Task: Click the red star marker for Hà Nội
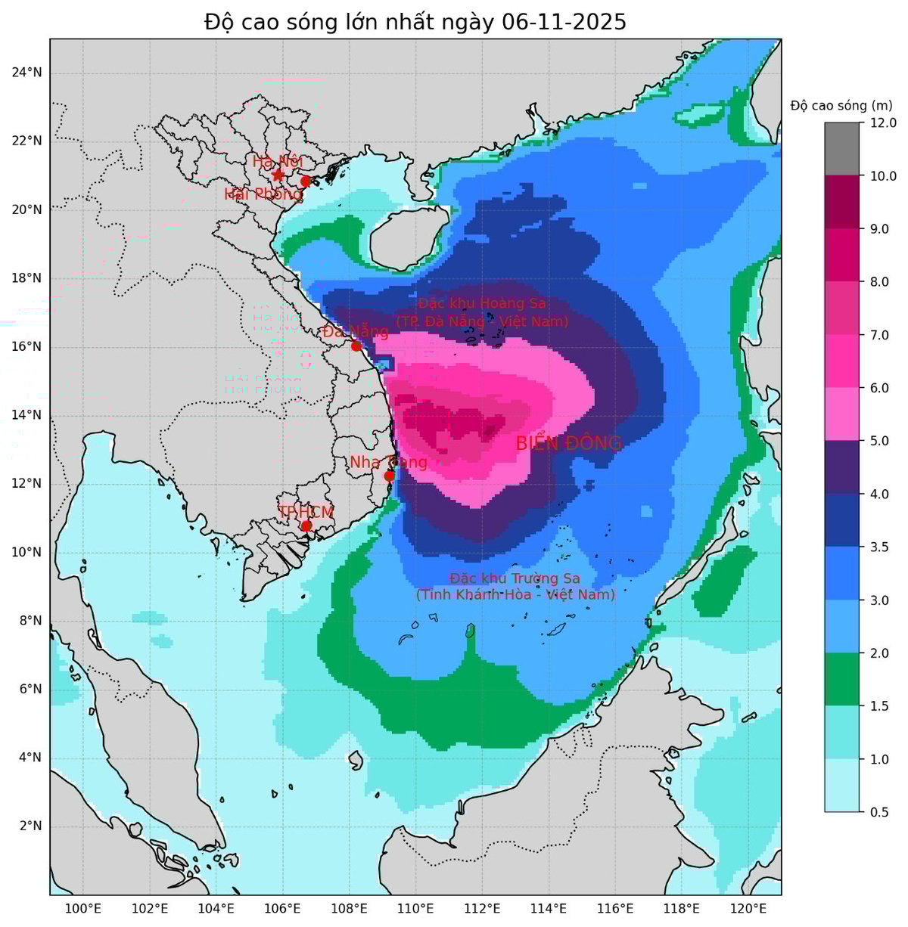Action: (278, 175)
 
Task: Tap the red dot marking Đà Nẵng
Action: (356, 346)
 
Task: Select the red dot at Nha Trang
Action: (389, 476)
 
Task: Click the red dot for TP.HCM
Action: (306, 526)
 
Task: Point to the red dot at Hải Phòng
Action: (306, 181)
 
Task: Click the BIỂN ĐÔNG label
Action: (568, 444)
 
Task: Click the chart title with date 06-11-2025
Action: (415, 22)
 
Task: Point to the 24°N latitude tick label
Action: (26, 73)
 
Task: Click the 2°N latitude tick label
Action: (30, 826)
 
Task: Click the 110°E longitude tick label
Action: (415, 908)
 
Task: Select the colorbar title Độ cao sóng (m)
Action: (841, 105)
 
